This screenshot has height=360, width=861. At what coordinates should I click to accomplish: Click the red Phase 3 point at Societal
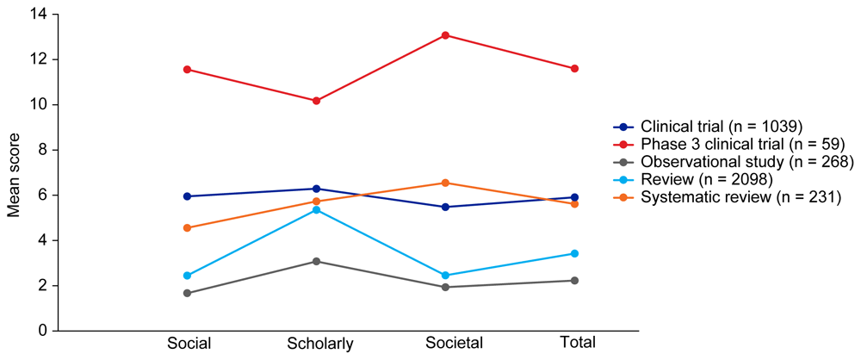point(446,35)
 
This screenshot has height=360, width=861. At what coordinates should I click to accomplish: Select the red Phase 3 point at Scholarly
point(317,101)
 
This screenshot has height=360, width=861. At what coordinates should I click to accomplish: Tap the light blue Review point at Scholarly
point(317,210)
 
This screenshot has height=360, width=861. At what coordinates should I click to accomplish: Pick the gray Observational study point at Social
point(188,293)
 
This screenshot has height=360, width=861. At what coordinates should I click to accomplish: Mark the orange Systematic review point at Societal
point(446,183)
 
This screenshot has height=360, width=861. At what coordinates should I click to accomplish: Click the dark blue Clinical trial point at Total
point(574,197)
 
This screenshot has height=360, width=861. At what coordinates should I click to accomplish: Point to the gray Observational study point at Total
point(574,280)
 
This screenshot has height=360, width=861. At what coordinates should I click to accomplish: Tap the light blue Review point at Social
point(188,276)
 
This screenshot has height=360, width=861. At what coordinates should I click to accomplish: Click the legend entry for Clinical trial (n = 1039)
point(722,126)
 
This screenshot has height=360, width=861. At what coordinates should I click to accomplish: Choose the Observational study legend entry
point(734,162)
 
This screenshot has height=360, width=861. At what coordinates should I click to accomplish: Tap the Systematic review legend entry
point(734,198)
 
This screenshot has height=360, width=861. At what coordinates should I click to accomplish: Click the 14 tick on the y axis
point(38,15)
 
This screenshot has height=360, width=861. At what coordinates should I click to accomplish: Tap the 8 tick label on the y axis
point(41,150)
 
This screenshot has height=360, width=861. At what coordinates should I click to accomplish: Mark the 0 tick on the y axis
point(41,331)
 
